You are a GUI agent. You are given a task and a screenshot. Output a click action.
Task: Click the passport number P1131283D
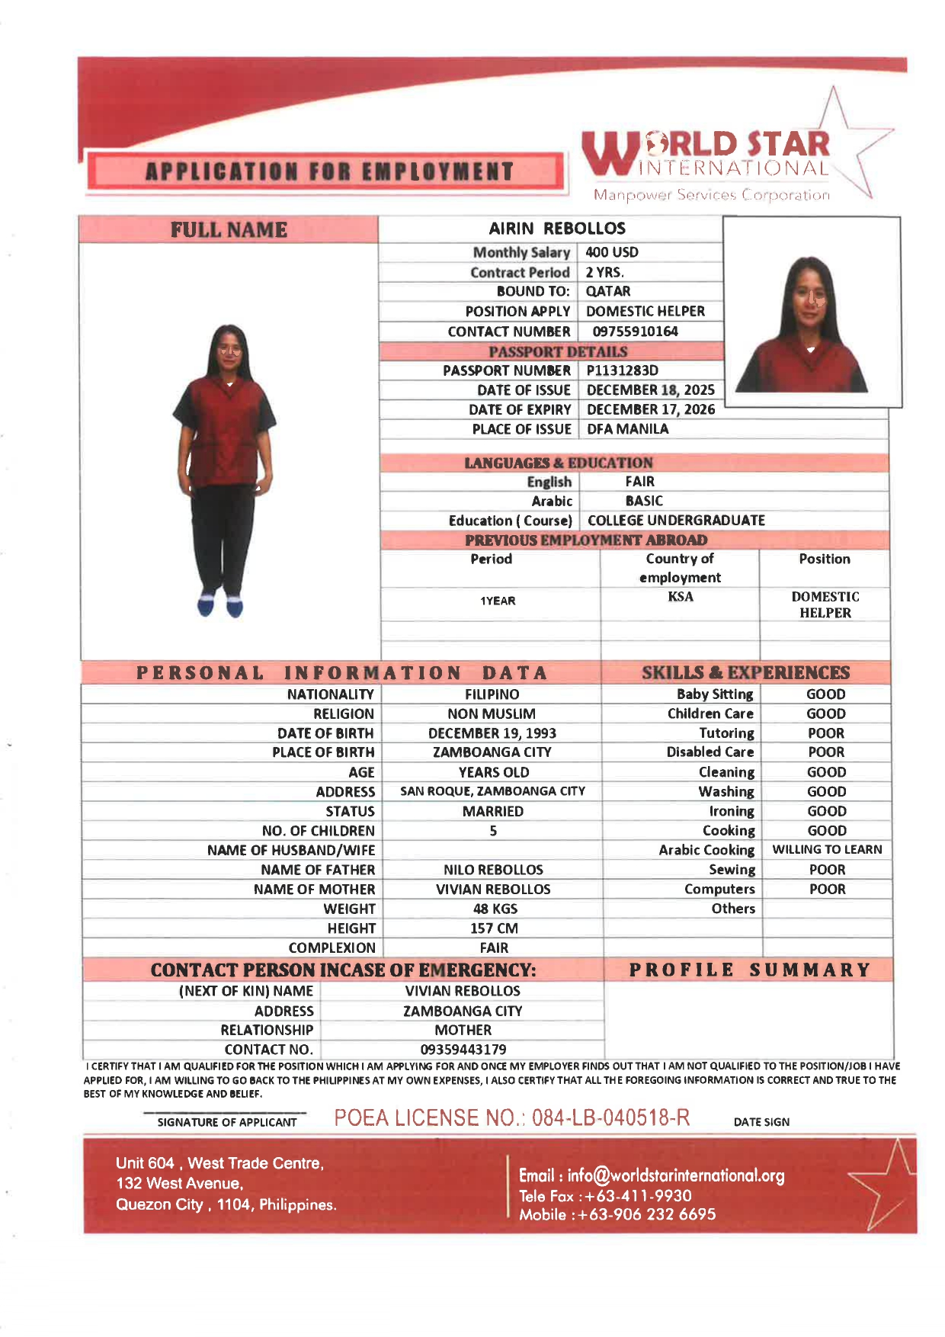tap(622, 370)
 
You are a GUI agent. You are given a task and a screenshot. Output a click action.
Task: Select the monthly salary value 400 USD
tap(612, 252)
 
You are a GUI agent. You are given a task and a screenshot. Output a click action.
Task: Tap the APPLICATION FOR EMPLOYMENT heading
tap(329, 172)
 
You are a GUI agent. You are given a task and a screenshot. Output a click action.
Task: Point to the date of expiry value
tap(651, 409)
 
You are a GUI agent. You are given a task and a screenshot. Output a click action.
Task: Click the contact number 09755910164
tap(635, 332)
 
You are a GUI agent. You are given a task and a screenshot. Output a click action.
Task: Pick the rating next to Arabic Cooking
tap(827, 850)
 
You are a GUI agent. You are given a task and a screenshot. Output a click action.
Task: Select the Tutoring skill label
tap(726, 733)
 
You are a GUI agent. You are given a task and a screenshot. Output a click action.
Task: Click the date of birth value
tap(492, 733)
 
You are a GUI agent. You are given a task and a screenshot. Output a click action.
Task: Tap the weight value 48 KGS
tap(495, 909)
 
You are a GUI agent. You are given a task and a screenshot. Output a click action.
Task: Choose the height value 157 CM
tap(494, 928)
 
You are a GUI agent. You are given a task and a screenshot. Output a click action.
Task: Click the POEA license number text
tap(512, 1118)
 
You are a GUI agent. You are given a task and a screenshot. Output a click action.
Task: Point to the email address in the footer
tap(652, 1175)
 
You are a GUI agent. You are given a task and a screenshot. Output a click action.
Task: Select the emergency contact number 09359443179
tap(463, 1050)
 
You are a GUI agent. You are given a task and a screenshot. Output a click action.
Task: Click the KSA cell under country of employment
tap(681, 597)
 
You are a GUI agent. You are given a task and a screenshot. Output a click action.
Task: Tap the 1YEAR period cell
tap(498, 601)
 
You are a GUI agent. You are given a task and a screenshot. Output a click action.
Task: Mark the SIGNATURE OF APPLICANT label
tap(227, 1122)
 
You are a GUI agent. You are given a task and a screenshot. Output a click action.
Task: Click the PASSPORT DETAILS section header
tap(558, 351)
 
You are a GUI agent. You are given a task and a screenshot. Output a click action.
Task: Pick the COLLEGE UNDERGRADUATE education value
tap(676, 521)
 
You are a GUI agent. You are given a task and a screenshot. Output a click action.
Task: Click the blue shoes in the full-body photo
tap(219, 606)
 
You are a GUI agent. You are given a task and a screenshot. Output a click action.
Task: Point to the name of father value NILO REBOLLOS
tap(493, 870)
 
